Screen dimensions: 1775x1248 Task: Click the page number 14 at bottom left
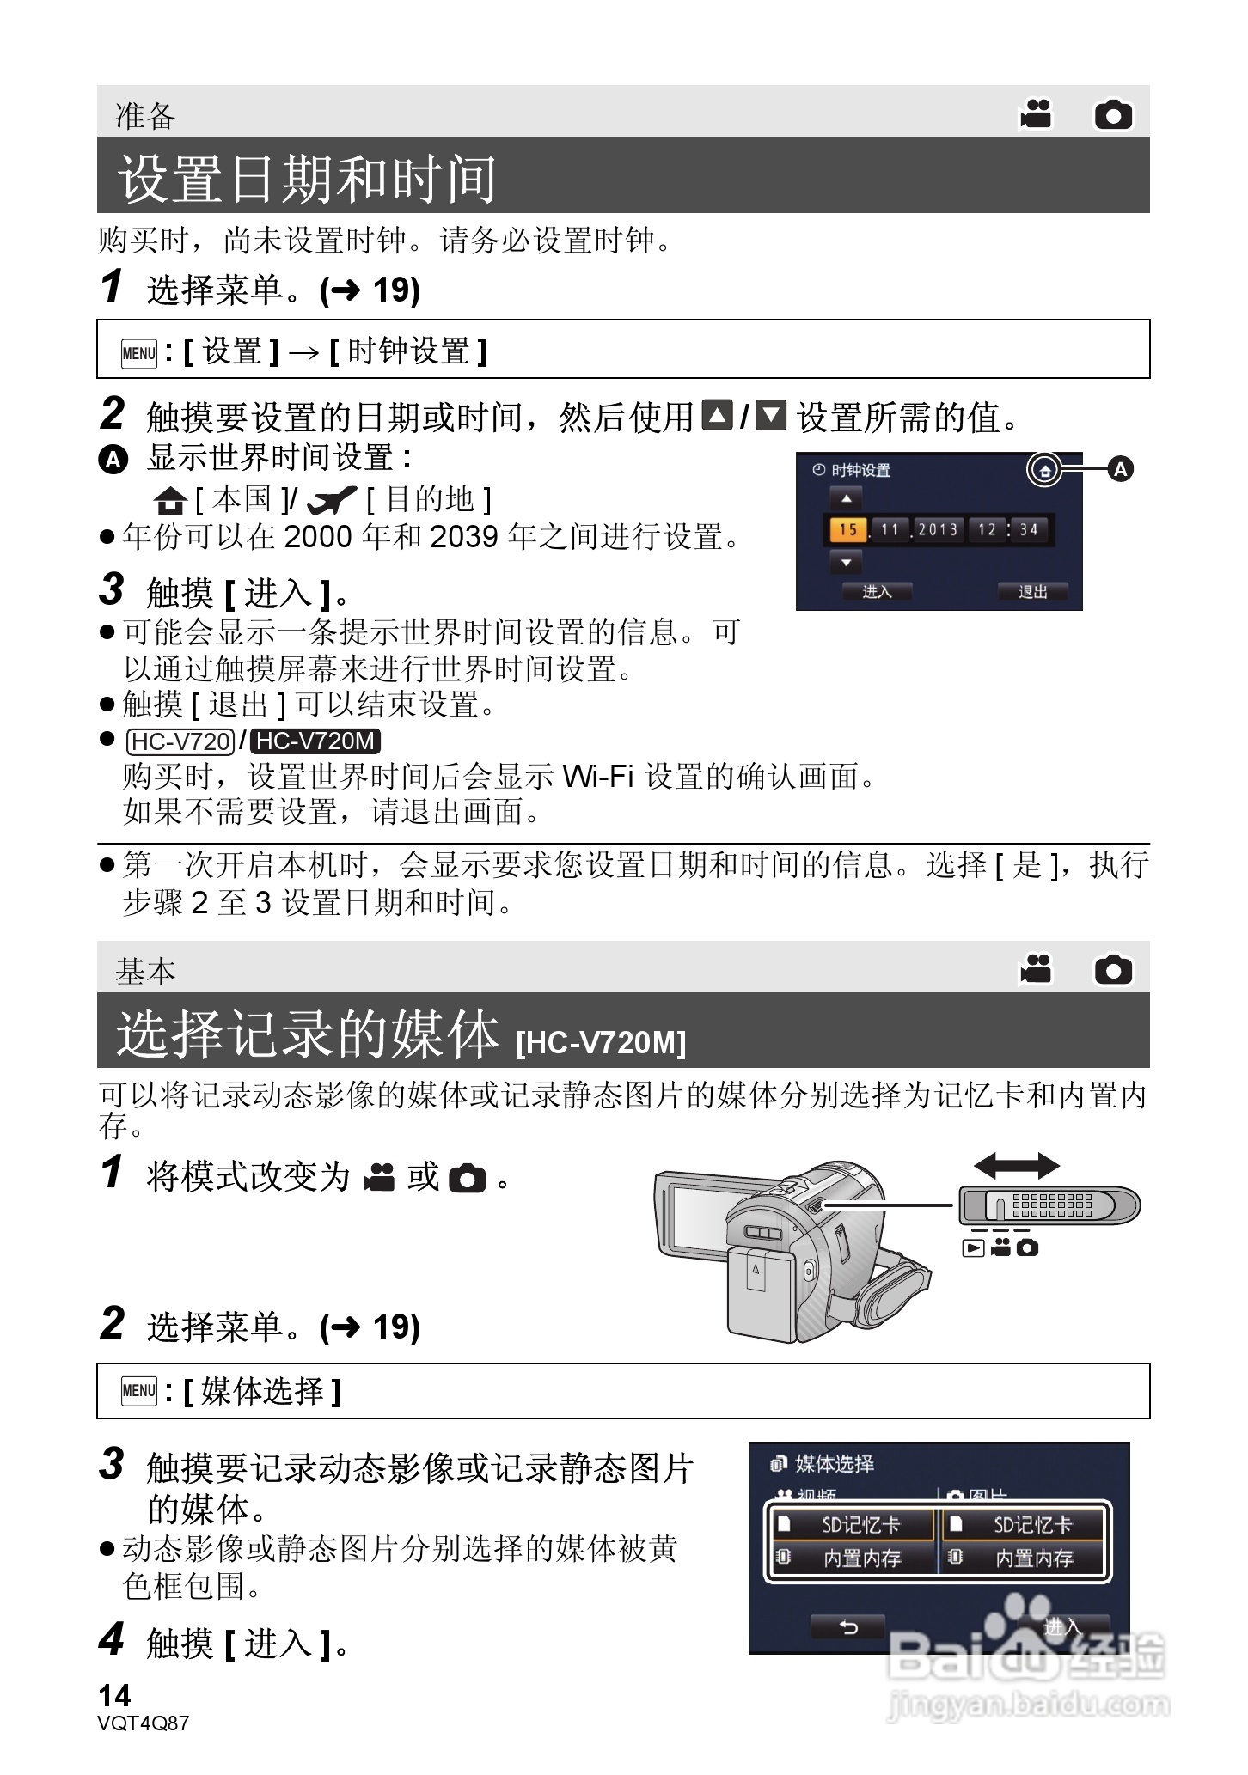pyautogui.click(x=115, y=1696)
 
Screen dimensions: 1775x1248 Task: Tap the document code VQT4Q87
pyautogui.click(x=144, y=1723)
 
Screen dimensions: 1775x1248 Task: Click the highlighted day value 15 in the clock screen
pyautogui.click(x=847, y=529)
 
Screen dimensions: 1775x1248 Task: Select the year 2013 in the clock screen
pyautogui.click(x=938, y=529)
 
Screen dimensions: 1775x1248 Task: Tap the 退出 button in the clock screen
pyautogui.click(x=1032, y=591)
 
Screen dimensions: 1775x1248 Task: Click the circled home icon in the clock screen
pyautogui.click(x=1044, y=470)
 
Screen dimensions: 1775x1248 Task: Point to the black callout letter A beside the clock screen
pyautogui.click(x=1120, y=469)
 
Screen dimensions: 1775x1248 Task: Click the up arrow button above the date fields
pyautogui.click(x=847, y=498)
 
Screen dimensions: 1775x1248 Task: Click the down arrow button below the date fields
pyautogui.click(x=847, y=563)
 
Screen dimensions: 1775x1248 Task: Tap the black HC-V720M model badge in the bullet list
pyautogui.click(x=317, y=741)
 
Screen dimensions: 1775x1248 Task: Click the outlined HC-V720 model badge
pyautogui.click(x=180, y=741)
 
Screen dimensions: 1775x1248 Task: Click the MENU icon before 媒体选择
pyautogui.click(x=139, y=1390)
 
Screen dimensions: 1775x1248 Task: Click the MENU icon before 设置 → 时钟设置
pyautogui.click(x=139, y=352)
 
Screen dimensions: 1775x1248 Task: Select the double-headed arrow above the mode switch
pyautogui.click(x=1016, y=1166)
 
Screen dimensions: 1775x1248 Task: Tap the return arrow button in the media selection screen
pyautogui.click(x=847, y=1626)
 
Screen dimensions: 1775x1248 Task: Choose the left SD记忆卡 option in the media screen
pyautogui.click(x=851, y=1525)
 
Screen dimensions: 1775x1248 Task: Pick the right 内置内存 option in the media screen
pyautogui.click(x=1023, y=1558)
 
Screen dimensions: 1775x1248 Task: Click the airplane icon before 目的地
pyautogui.click(x=331, y=498)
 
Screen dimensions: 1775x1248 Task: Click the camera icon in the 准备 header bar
pyautogui.click(x=1113, y=114)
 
